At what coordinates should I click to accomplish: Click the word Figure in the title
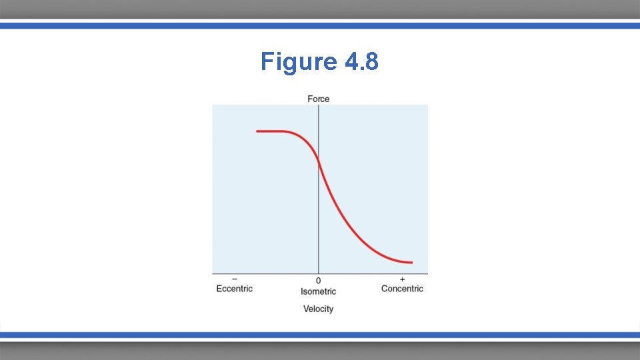pyautogui.click(x=299, y=61)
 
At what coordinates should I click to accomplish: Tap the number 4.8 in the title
pyautogui.click(x=362, y=61)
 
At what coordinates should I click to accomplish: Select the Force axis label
pyautogui.click(x=319, y=99)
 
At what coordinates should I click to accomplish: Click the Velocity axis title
pyautogui.click(x=318, y=309)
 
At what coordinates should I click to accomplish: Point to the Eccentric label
pyautogui.click(x=235, y=289)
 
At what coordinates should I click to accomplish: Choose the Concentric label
pyautogui.click(x=402, y=289)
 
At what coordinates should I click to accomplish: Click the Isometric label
pyautogui.click(x=318, y=291)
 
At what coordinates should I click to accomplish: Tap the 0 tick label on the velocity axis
pyautogui.click(x=318, y=281)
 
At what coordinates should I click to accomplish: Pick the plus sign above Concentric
pyautogui.click(x=402, y=279)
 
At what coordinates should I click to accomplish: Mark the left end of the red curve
pyautogui.click(x=257, y=131)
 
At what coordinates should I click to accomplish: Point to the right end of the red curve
pyautogui.click(x=411, y=263)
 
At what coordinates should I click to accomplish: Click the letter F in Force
pyautogui.click(x=310, y=99)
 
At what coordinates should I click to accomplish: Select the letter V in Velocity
pyautogui.click(x=306, y=309)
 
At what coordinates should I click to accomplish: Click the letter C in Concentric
pyautogui.click(x=385, y=289)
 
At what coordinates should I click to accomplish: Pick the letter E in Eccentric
pyautogui.click(x=219, y=289)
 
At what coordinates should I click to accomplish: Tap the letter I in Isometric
pyautogui.click(x=302, y=291)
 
